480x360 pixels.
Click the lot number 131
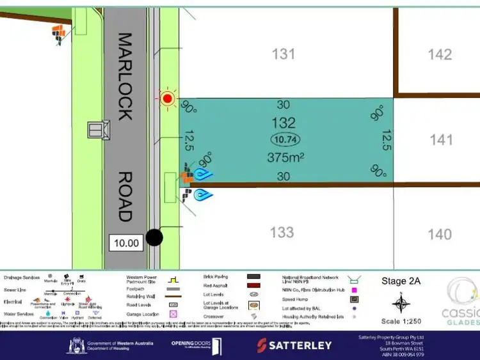pos(284,54)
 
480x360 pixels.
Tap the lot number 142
pos(440,54)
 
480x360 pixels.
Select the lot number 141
pos(441,140)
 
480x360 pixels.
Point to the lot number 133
pos(282,232)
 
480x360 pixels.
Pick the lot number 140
pos(440,234)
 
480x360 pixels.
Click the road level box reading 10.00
pos(126,242)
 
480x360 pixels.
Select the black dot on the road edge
pos(154,238)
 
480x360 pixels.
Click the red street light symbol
pos(168,98)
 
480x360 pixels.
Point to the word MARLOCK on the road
pos(126,77)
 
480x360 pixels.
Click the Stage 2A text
pos(401,281)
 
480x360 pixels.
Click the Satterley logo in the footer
pos(294,345)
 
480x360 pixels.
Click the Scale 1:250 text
pos(401,320)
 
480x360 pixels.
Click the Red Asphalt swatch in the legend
pos(254,286)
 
